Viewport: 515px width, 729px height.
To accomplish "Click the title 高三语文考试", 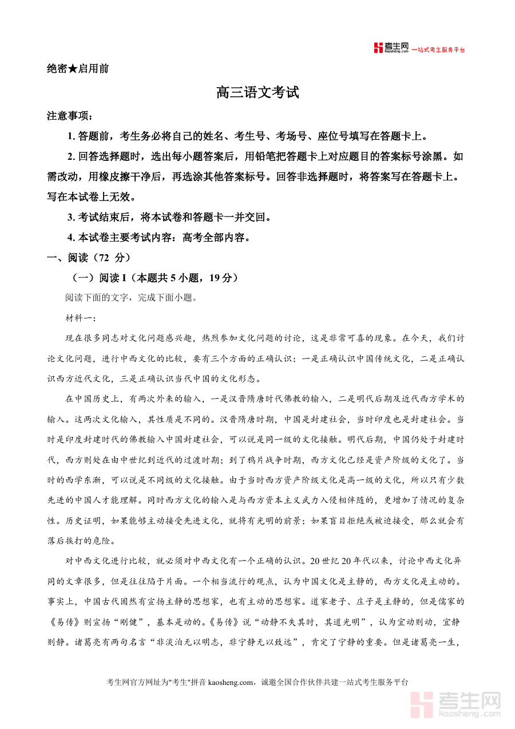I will [257, 92].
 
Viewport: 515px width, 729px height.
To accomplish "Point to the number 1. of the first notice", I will [72, 136].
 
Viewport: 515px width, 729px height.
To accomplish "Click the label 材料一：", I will [81, 318].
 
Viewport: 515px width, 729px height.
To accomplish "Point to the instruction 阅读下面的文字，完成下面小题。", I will [131, 298].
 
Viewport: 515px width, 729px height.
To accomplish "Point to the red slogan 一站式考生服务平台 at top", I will [438, 50].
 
